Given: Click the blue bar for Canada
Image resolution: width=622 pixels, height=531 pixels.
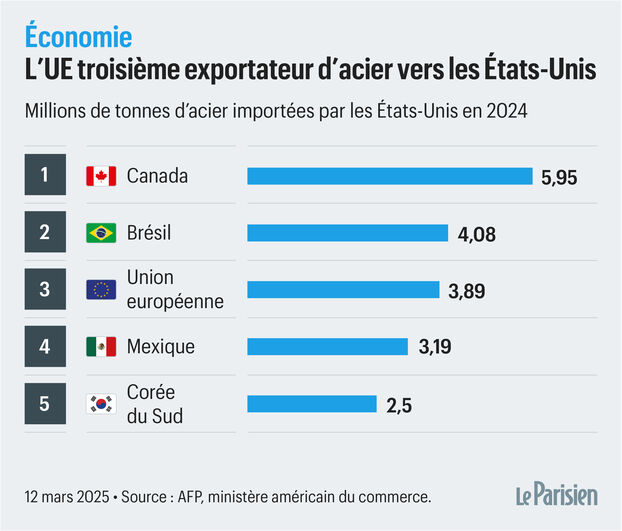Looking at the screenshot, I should (x=390, y=176).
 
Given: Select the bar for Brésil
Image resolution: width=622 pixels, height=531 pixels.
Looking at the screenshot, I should (x=347, y=233).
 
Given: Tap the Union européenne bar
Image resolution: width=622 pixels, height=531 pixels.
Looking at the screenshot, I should (x=343, y=290).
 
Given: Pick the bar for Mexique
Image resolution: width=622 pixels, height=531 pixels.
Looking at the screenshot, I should (x=328, y=347).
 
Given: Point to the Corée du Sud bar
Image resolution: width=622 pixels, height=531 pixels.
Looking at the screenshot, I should (x=312, y=404).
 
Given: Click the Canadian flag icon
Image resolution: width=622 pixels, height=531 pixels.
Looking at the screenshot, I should (x=101, y=177).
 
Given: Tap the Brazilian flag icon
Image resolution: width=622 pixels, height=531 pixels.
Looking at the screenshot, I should (x=101, y=233).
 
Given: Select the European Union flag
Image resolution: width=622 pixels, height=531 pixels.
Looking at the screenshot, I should (x=101, y=290).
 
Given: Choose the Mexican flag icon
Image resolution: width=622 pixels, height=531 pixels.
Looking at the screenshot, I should (x=101, y=347).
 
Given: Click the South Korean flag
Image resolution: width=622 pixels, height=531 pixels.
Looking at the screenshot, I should (x=101, y=404).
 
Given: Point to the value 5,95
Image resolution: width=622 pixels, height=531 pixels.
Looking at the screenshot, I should (x=560, y=177).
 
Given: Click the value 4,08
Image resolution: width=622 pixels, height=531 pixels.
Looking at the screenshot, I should (x=476, y=234).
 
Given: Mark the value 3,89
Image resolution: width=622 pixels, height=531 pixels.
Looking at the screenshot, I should (x=468, y=291).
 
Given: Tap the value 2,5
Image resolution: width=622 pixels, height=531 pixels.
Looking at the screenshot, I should (x=399, y=405).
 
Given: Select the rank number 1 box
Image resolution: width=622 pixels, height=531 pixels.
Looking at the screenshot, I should (x=45, y=176).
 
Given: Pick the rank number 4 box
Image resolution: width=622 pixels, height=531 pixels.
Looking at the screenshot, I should (x=45, y=347).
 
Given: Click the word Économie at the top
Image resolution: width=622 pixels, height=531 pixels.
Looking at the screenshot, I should (x=78, y=38).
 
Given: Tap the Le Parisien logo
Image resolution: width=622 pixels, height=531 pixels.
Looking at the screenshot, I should (x=556, y=494).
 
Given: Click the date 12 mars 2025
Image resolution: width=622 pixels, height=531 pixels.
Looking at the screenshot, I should (x=61, y=496).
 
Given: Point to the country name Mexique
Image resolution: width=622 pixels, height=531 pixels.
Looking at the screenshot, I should (x=160, y=347).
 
